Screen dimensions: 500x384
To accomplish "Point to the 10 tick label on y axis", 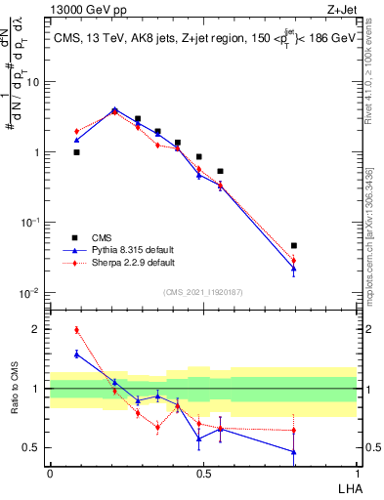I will click(32, 82).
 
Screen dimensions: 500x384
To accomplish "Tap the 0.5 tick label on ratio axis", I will click(33, 448).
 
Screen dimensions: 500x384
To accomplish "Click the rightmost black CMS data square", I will click(294, 246).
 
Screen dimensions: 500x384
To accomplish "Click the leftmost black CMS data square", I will click(77, 152).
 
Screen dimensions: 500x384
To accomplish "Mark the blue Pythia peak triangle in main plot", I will click(115, 110).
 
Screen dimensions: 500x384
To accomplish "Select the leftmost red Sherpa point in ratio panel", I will click(77, 330).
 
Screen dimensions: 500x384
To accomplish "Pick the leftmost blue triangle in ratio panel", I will click(77, 354).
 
